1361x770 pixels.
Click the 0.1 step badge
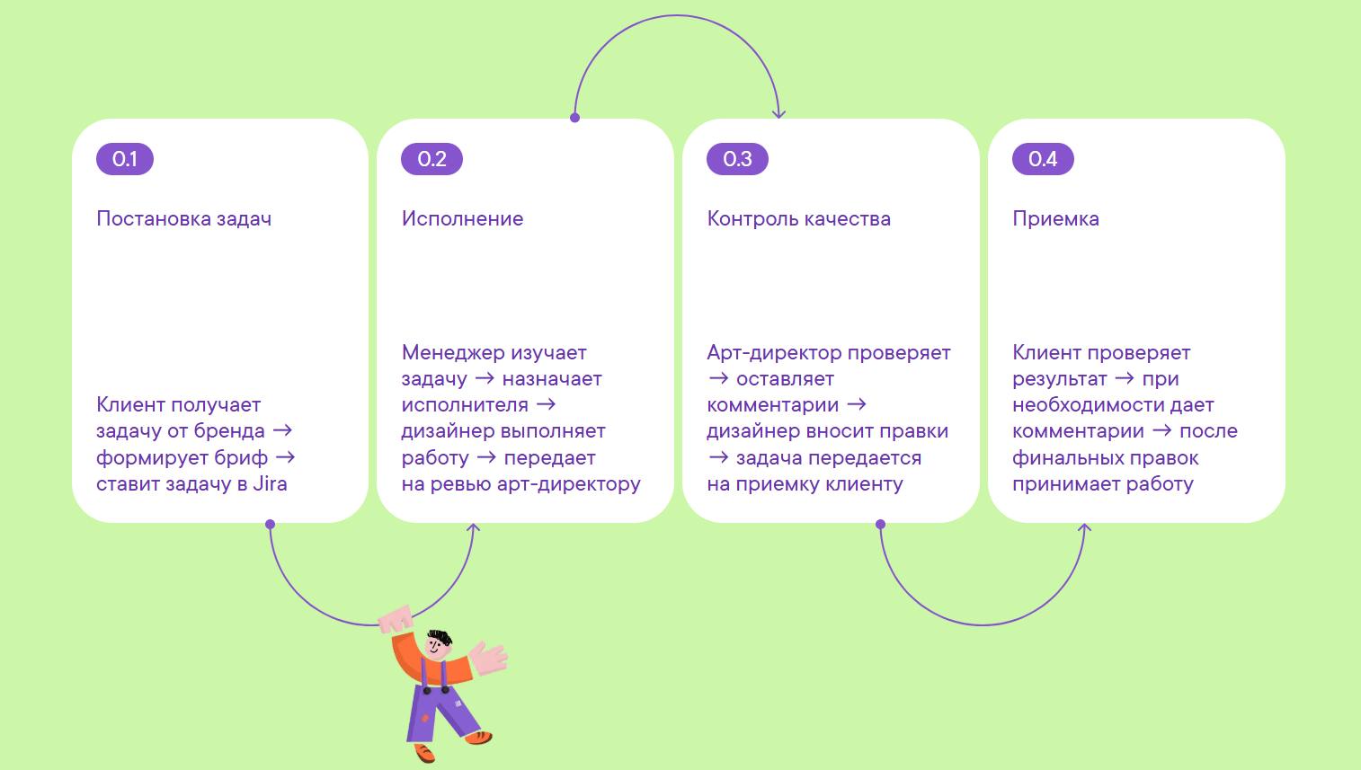tap(125, 159)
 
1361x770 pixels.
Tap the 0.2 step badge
tap(432, 159)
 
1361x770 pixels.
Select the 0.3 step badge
tap(738, 159)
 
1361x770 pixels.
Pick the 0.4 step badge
tap(1044, 159)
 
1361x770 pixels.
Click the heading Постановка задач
tap(184, 218)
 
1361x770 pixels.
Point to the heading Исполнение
tap(462, 218)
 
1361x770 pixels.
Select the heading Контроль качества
tap(799, 218)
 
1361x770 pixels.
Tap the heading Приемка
tap(1056, 218)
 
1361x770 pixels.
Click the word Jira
tap(270, 484)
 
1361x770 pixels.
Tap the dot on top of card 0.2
tap(574, 118)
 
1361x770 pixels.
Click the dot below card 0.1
tap(271, 524)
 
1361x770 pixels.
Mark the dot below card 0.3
tap(880, 524)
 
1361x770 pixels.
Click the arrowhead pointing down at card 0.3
tap(778, 114)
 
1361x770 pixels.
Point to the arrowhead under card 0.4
tap(1084, 527)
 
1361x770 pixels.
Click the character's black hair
tap(440, 638)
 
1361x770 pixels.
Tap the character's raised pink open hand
tap(490, 659)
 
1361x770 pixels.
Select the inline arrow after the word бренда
tap(282, 431)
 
